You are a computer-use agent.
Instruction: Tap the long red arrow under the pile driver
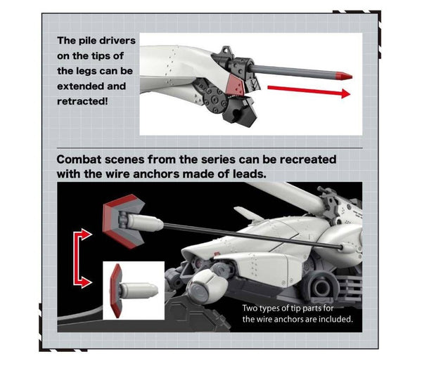click(309, 91)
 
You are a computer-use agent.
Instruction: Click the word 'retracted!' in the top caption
click(82, 101)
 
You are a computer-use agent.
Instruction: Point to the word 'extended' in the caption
click(80, 86)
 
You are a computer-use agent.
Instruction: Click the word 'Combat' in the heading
click(79, 159)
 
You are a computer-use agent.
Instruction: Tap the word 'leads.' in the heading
click(250, 174)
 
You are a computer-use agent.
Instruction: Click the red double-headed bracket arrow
click(77, 259)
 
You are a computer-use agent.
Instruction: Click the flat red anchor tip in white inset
click(115, 290)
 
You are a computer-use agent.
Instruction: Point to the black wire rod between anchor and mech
click(252, 236)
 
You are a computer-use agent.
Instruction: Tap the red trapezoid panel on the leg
click(236, 84)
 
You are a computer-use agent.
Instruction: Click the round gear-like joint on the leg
click(215, 100)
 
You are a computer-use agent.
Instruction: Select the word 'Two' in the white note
click(250, 308)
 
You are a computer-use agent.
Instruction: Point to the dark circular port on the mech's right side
click(322, 288)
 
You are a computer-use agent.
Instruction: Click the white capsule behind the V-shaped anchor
click(145, 223)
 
